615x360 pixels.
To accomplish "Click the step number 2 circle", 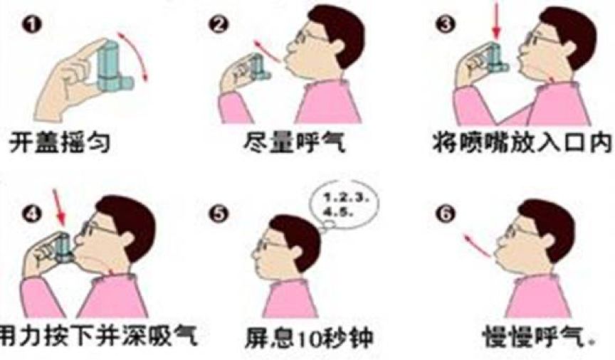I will [x=219, y=25].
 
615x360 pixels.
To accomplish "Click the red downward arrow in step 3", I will [x=496, y=23].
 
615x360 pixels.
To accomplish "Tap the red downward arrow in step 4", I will [x=60, y=208].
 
